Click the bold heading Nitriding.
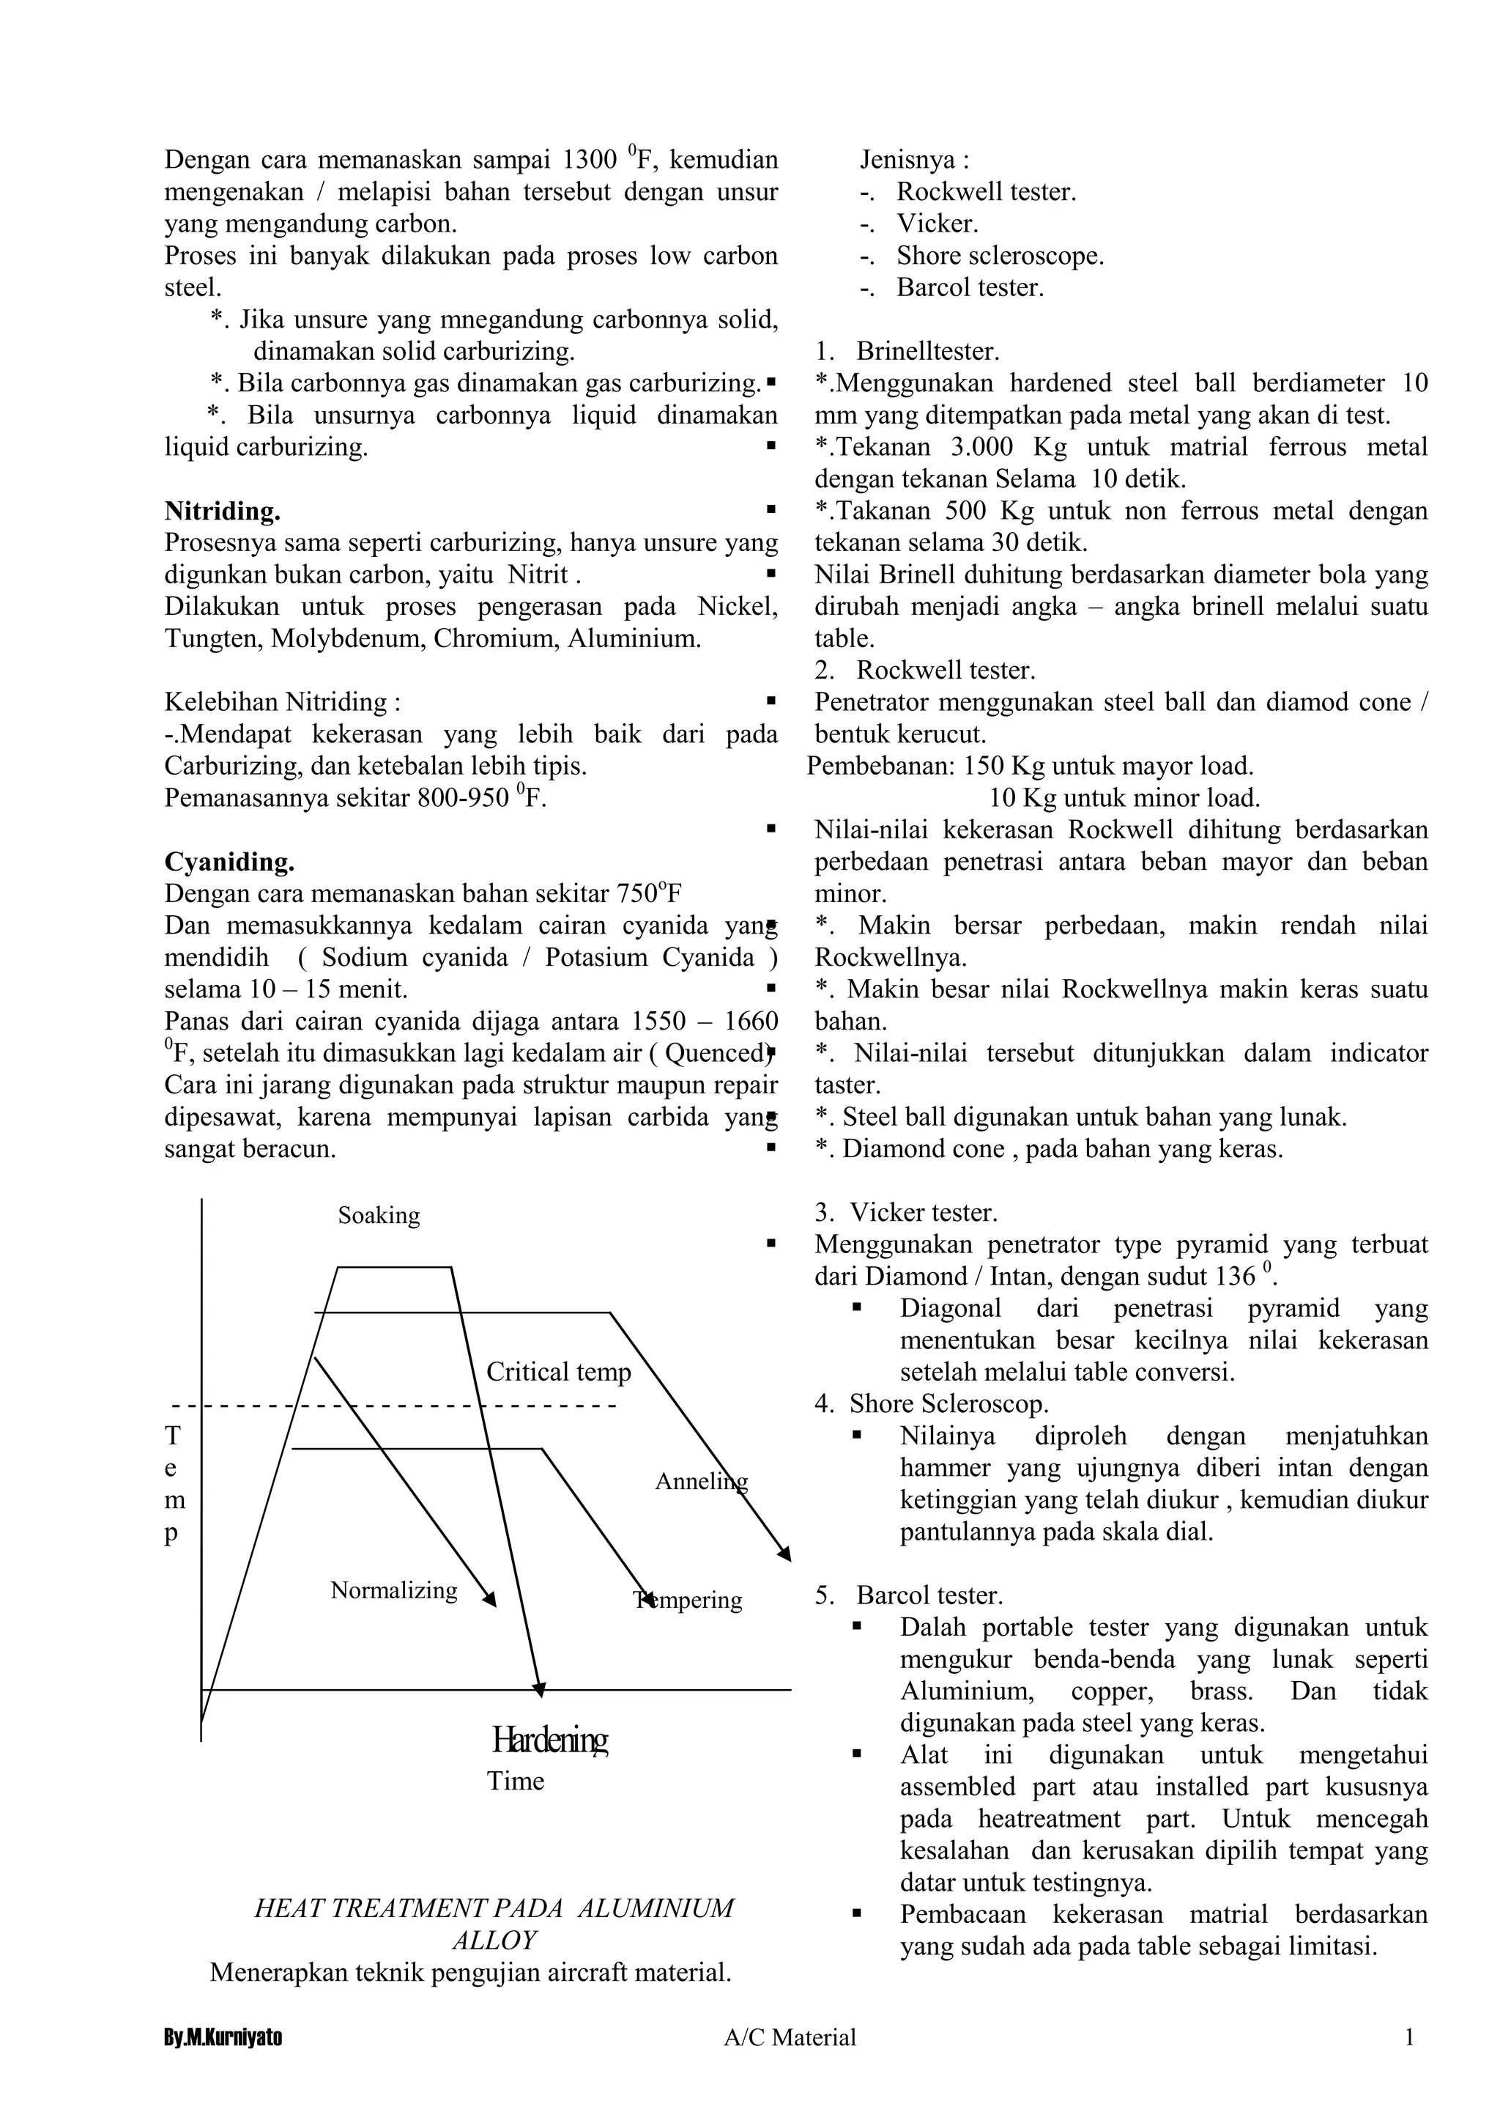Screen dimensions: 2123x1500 point(223,512)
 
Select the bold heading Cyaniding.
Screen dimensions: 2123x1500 point(229,862)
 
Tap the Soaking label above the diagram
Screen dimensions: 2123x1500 point(379,1215)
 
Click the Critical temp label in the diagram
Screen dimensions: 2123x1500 point(558,1372)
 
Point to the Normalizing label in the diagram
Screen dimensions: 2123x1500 point(394,1590)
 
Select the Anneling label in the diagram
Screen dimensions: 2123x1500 point(700,1481)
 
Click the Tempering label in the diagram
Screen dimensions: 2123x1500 point(688,1600)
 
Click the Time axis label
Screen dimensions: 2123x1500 point(516,1781)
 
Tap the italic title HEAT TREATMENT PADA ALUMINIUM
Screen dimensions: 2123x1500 point(494,1908)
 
